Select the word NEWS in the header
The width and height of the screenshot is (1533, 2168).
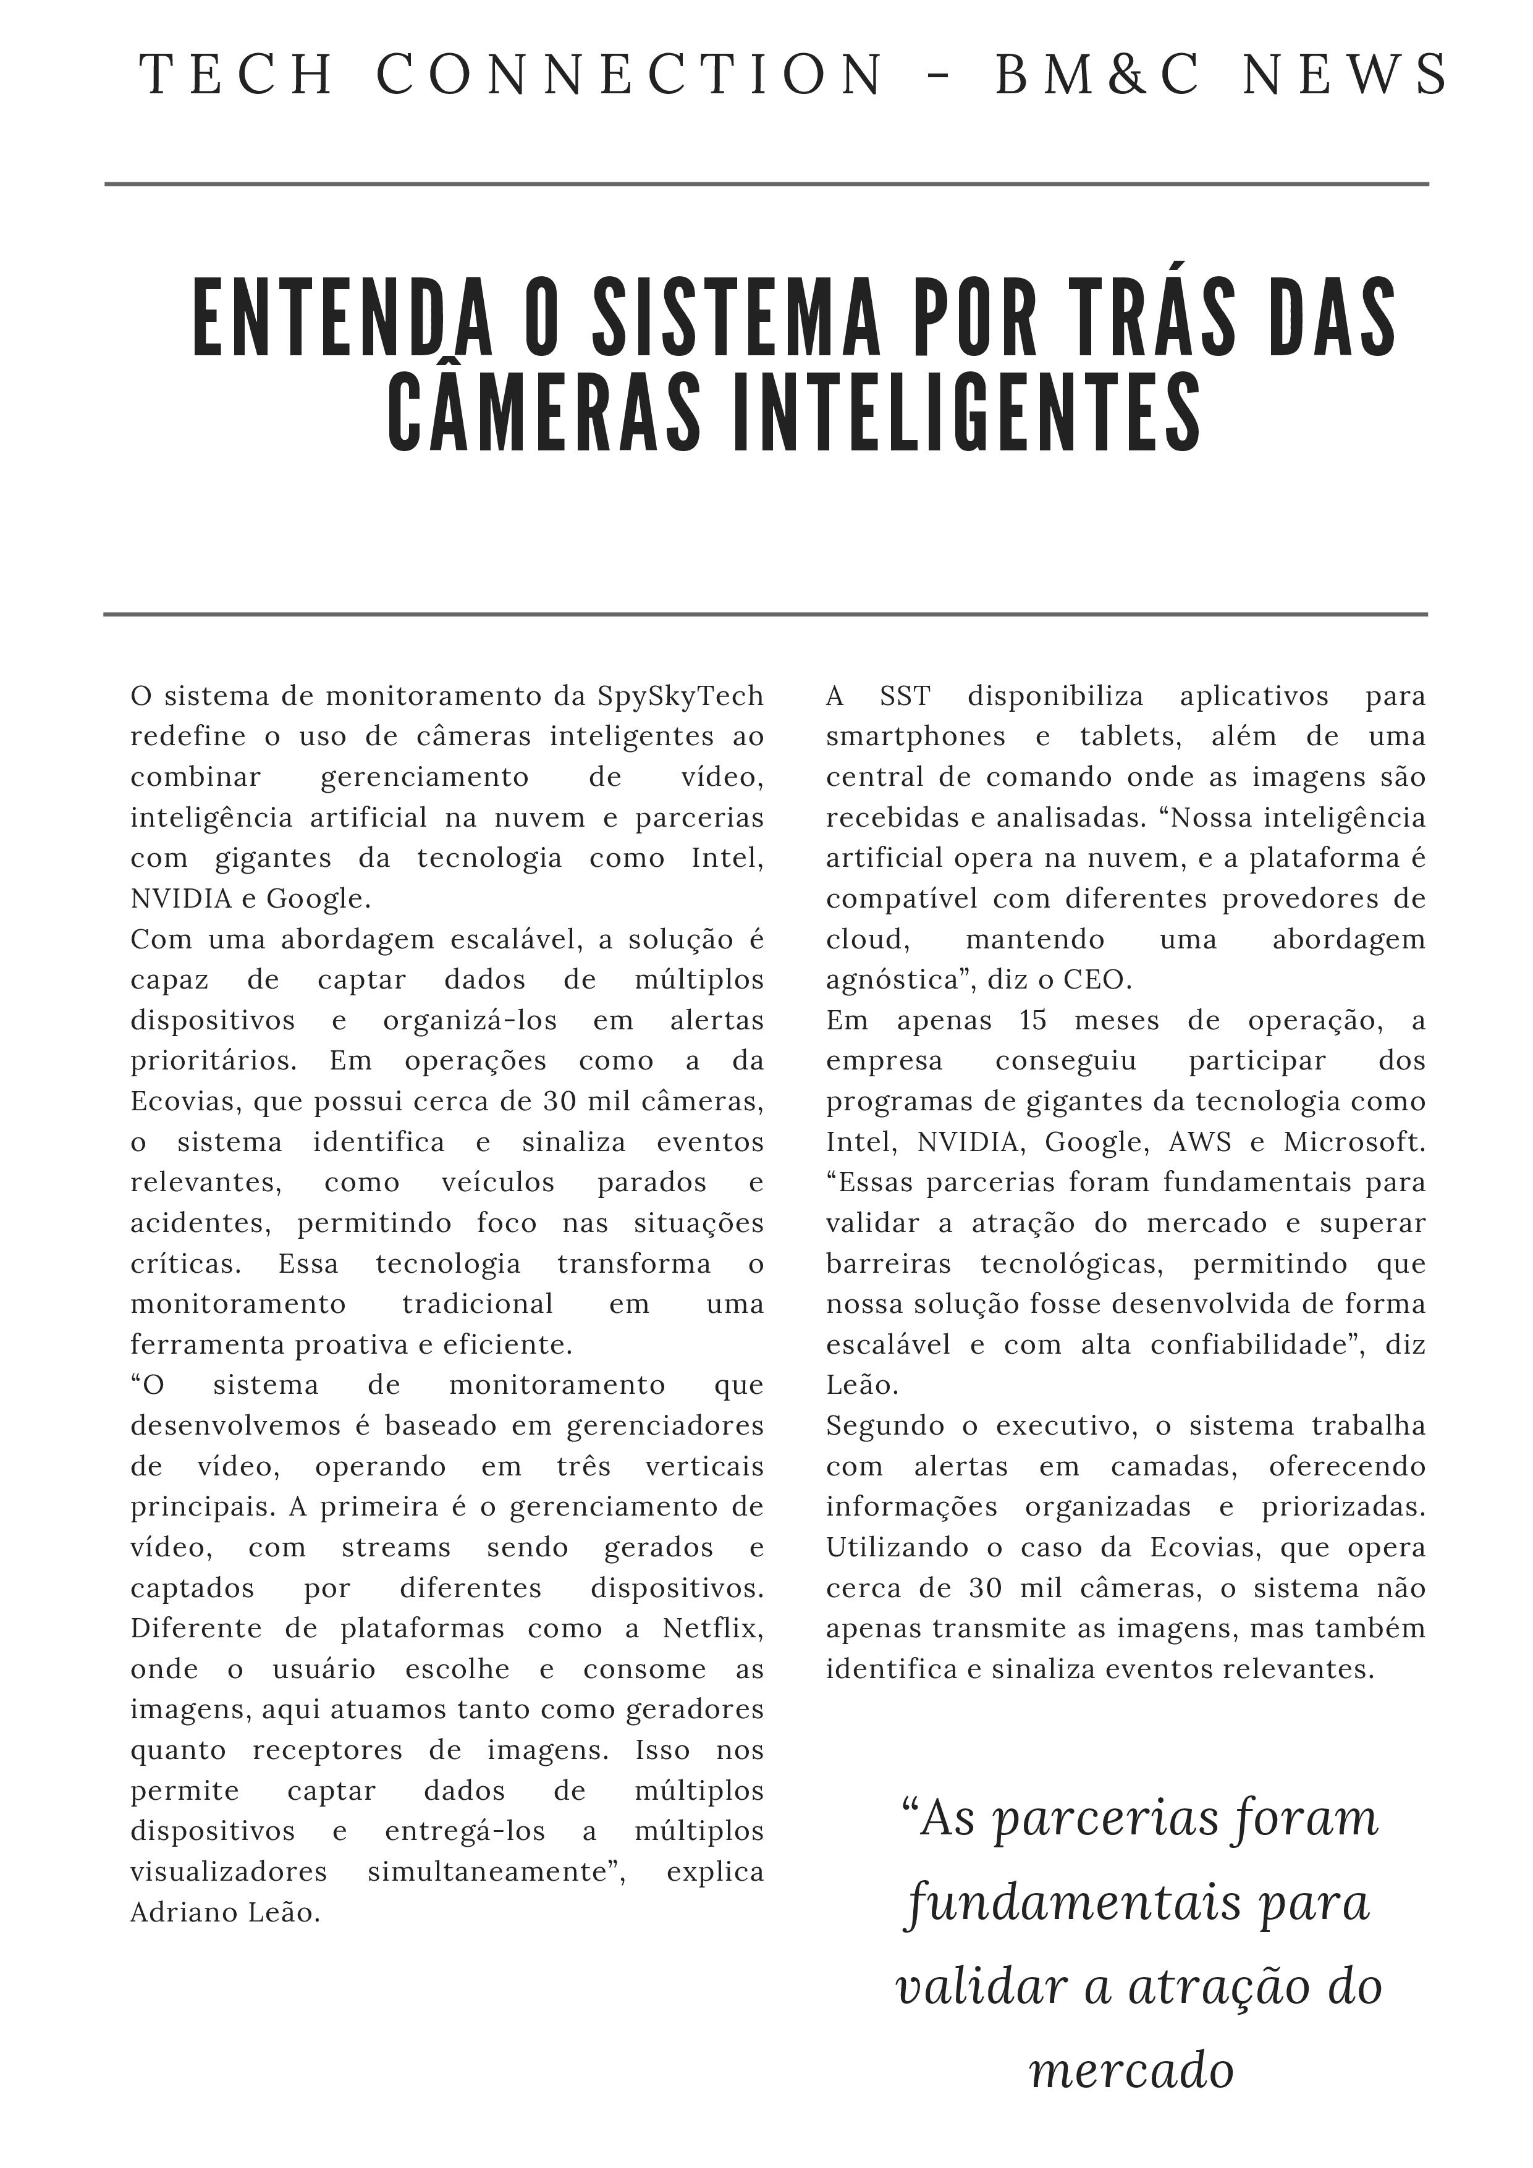point(1345,75)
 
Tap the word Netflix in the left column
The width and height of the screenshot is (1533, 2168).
point(712,1628)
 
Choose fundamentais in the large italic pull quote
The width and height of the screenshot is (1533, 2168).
point(1073,1903)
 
